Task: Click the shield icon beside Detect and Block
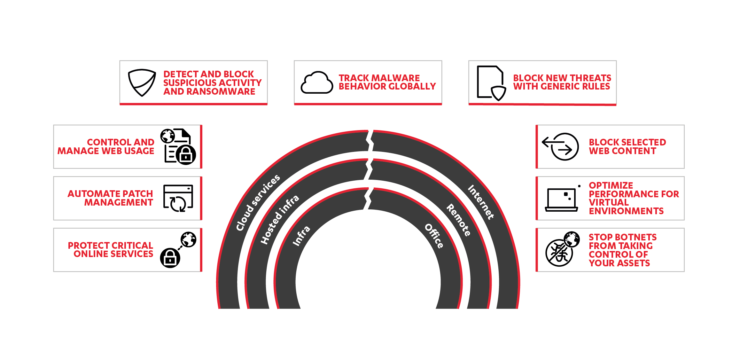pyautogui.click(x=142, y=82)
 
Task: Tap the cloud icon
pyautogui.click(x=317, y=82)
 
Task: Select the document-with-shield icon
pyautogui.click(x=491, y=83)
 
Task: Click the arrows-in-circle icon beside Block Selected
pyautogui.click(x=560, y=146)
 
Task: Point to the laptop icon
pyautogui.click(x=562, y=200)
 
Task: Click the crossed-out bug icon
pyautogui.click(x=559, y=253)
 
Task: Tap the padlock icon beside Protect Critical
pyautogui.click(x=170, y=258)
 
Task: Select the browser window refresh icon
pyautogui.click(x=178, y=198)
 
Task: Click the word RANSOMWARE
pyautogui.click(x=221, y=91)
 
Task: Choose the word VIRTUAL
pyautogui.click(x=609, y=202)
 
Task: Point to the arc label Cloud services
pyautogui.click(x=258, y=202)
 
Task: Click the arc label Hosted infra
pyautogui.click(x=280, y=219)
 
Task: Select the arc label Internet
pyautogui.click(x=481, y=202)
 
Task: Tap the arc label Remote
pyautogui.click(x=458, y=220)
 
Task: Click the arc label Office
pyautogui.click(x=434, y=236)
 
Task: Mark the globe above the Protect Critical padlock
pyautogui.click(x=189, y=239)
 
